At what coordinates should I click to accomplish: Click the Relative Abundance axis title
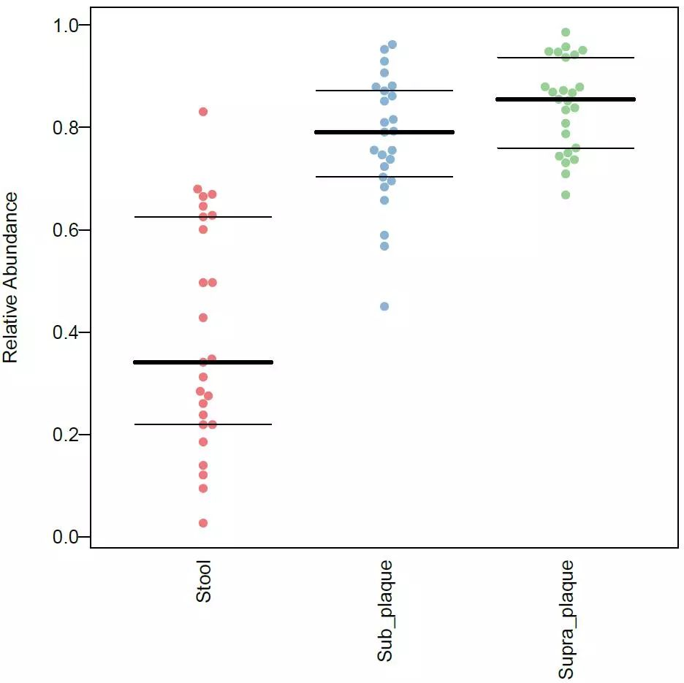click(x=10, y=278)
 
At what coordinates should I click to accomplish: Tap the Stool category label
click(x=203, y=581)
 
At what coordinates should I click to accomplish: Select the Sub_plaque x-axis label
click(x=385, y=611)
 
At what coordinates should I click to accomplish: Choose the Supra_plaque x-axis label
click(x=566, y=620)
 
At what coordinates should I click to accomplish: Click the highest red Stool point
click(x=203, y=112)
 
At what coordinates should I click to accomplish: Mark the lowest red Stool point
click(x=203, y=523)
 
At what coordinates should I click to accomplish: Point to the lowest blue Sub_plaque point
click(x=384, y=306)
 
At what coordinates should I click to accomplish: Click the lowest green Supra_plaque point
click(x=566, y=194)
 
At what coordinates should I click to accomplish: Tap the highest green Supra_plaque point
click(x=566, y=32)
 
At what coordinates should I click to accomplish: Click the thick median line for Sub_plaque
click(x=424, y=132)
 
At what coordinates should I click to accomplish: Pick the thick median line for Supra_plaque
click(x=607, y=99)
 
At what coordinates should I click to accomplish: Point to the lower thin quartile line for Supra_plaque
click(x=607, y=148)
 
